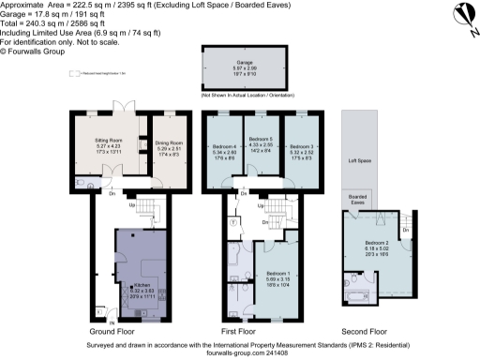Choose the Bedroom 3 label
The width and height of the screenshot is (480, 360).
pyautogui.click(x=301, y=146)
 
